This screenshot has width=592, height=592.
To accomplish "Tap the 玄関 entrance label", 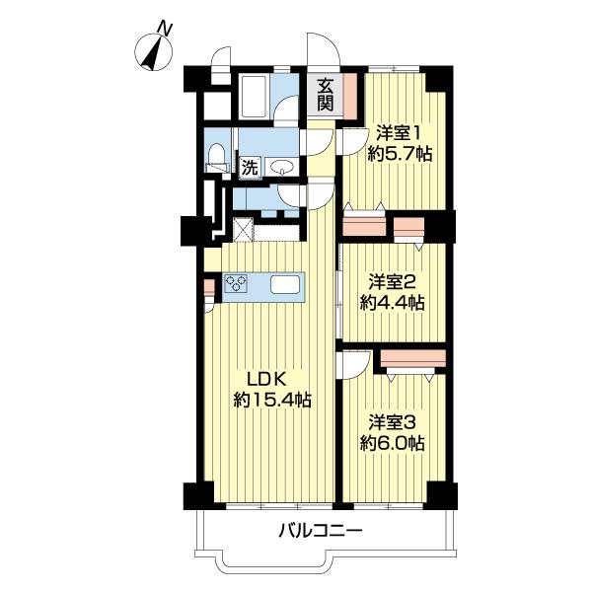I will coord(325,94).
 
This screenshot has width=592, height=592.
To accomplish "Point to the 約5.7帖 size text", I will coord(399,154).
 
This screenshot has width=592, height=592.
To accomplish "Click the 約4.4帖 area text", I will coord(393,304).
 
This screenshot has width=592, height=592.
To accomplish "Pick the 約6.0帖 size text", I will coord(393,444).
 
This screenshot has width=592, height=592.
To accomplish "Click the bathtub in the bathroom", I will coord(256,99).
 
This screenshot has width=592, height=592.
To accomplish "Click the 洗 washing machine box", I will coord(251,167).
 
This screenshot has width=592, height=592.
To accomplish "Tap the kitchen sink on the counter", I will coord(286,284).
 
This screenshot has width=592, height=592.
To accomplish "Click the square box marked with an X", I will coord(244,229).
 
